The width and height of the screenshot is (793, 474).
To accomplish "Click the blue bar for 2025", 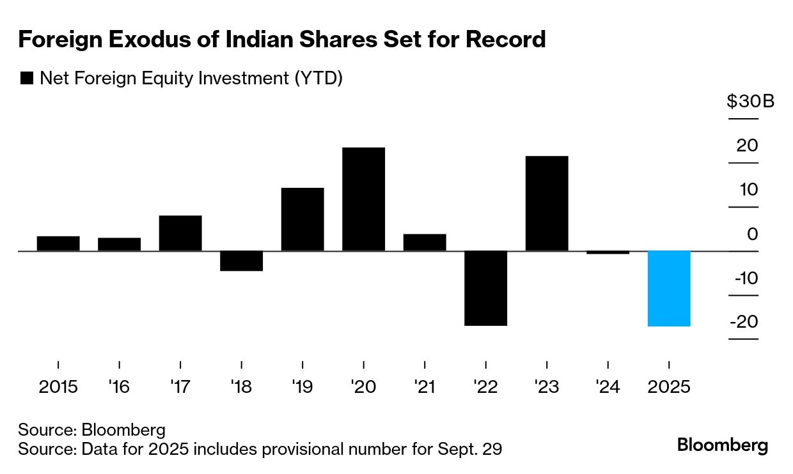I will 669,288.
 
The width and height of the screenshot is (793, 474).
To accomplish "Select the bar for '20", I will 363,199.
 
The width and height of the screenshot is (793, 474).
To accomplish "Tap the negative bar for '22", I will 485,288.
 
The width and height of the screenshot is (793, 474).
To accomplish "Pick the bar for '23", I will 547,203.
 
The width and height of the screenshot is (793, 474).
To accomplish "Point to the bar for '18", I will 241,261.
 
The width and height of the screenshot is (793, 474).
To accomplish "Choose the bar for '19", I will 302,219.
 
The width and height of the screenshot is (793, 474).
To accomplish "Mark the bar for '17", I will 180,233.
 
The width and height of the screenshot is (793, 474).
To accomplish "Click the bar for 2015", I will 58,243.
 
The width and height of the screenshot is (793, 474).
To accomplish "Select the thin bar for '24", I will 608,252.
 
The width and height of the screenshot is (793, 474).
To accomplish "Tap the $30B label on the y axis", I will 750,102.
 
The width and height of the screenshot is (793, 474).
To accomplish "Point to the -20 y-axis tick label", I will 742,321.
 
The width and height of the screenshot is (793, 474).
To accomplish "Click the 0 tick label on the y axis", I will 752,234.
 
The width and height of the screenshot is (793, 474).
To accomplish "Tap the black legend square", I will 27,79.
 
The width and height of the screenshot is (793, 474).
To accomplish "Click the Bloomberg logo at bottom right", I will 723,445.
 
